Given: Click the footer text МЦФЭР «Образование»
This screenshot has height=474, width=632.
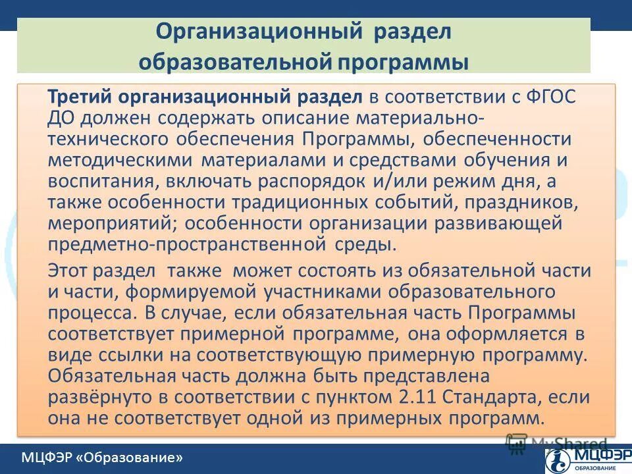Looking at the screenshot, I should point(101,457).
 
